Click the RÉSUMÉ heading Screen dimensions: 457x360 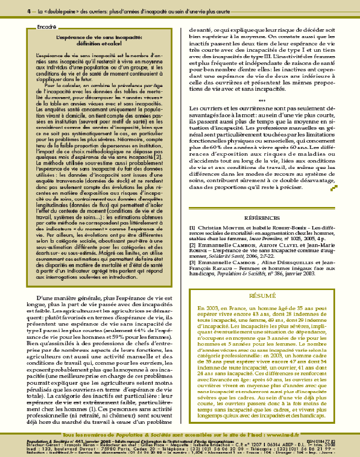(x=262, y=295)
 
